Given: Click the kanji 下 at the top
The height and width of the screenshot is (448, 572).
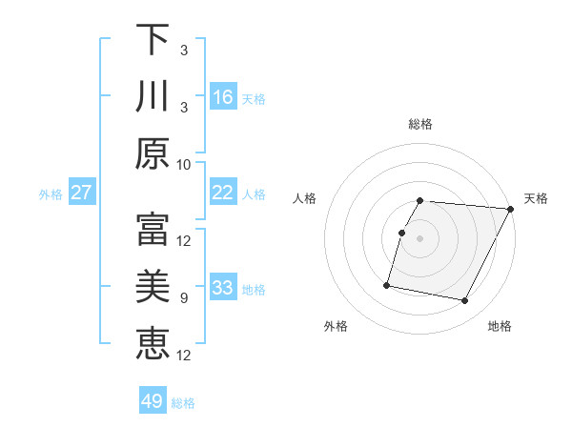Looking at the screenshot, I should (153, 40).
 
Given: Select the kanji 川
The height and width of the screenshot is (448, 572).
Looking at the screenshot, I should (153, 97).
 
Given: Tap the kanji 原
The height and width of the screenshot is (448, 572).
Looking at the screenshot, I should (153, 153).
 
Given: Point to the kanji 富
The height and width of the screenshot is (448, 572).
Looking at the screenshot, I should (153, 230).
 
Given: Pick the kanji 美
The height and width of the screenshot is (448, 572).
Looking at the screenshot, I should (153, 287).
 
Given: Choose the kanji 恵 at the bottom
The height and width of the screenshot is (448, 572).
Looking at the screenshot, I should (153, 343).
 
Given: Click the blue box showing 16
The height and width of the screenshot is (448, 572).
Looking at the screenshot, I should (223, 96).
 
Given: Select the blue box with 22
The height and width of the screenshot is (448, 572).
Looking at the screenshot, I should (223, 193).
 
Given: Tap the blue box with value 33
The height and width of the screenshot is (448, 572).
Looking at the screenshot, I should (223, 288).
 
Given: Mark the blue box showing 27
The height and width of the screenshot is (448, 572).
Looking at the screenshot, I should (82, 193).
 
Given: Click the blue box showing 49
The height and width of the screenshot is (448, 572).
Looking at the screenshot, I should (153, 401).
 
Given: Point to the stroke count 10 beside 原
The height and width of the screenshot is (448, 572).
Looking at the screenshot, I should (184, 164).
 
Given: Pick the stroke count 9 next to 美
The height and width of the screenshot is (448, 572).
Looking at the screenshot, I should (184, 298).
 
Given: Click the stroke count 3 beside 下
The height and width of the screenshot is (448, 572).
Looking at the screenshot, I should (184, 51).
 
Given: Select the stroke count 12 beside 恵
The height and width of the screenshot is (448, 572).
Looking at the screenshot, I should (184, 356).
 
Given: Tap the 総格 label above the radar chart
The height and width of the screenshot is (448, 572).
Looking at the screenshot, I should (420, 124).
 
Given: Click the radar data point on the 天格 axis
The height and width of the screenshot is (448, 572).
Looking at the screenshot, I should (511, 210).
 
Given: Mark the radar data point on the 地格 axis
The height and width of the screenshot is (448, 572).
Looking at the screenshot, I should (465, 301).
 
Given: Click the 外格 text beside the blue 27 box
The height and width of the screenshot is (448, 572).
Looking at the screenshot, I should (51, 193).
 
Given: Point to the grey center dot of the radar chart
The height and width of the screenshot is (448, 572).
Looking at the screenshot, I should (420, 238).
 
